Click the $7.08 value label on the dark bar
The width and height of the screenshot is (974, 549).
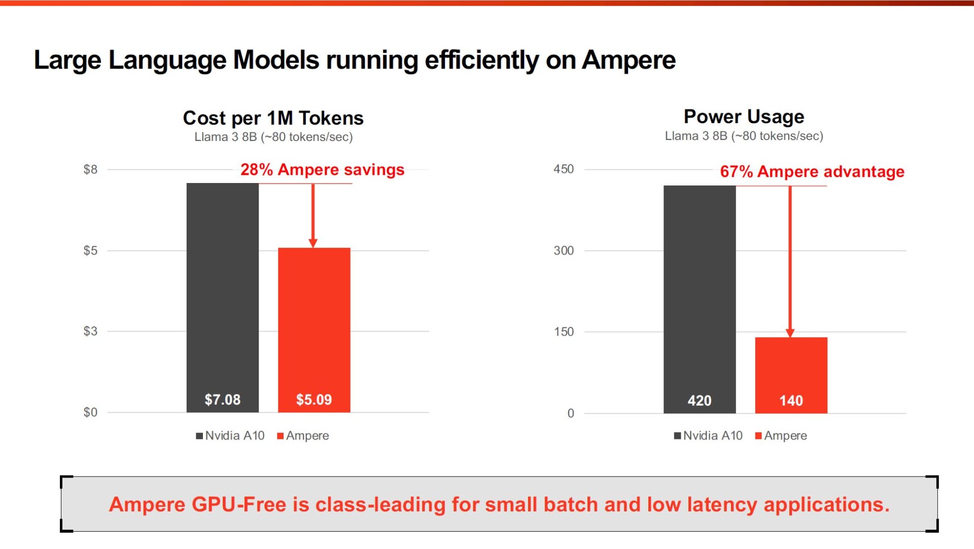222,399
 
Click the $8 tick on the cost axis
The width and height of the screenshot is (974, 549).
90,169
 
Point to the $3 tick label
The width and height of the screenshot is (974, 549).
90,331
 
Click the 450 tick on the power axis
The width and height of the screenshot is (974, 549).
563,169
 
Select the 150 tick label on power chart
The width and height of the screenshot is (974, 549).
563,332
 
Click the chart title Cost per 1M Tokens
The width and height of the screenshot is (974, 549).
273,118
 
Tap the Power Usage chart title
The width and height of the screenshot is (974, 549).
744,117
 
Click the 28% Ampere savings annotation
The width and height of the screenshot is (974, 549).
322,169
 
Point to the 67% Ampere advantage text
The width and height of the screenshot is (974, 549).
812,171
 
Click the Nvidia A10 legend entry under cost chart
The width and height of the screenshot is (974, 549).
230,435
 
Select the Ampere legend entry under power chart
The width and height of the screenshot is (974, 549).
781,435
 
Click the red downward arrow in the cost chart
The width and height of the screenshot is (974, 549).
313,215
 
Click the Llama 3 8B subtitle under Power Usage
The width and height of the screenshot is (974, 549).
744,136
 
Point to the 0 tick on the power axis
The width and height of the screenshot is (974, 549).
570,413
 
